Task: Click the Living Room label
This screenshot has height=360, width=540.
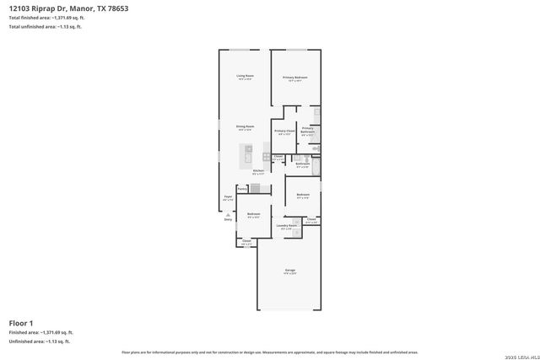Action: [246, 78]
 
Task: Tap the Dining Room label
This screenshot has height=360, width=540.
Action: [246, 127]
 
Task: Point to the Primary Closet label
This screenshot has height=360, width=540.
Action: [284, 132]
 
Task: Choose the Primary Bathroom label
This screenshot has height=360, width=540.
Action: [308, 131]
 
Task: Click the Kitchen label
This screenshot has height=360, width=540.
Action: [258, 172]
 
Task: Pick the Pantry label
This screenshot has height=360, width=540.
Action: [242, 190]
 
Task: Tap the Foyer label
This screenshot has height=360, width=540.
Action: [228, 198]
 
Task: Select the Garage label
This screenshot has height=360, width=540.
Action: [289, 272]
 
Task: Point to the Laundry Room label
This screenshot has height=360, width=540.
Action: [286, 227]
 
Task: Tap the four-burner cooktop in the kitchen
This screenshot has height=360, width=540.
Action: [267, 156]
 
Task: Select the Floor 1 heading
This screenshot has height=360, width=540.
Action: [21, 322]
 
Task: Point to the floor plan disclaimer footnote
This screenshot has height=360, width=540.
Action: [270, 352]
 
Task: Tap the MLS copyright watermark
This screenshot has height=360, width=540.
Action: [519, 352]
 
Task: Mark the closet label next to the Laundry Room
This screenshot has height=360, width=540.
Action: [311, 221]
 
